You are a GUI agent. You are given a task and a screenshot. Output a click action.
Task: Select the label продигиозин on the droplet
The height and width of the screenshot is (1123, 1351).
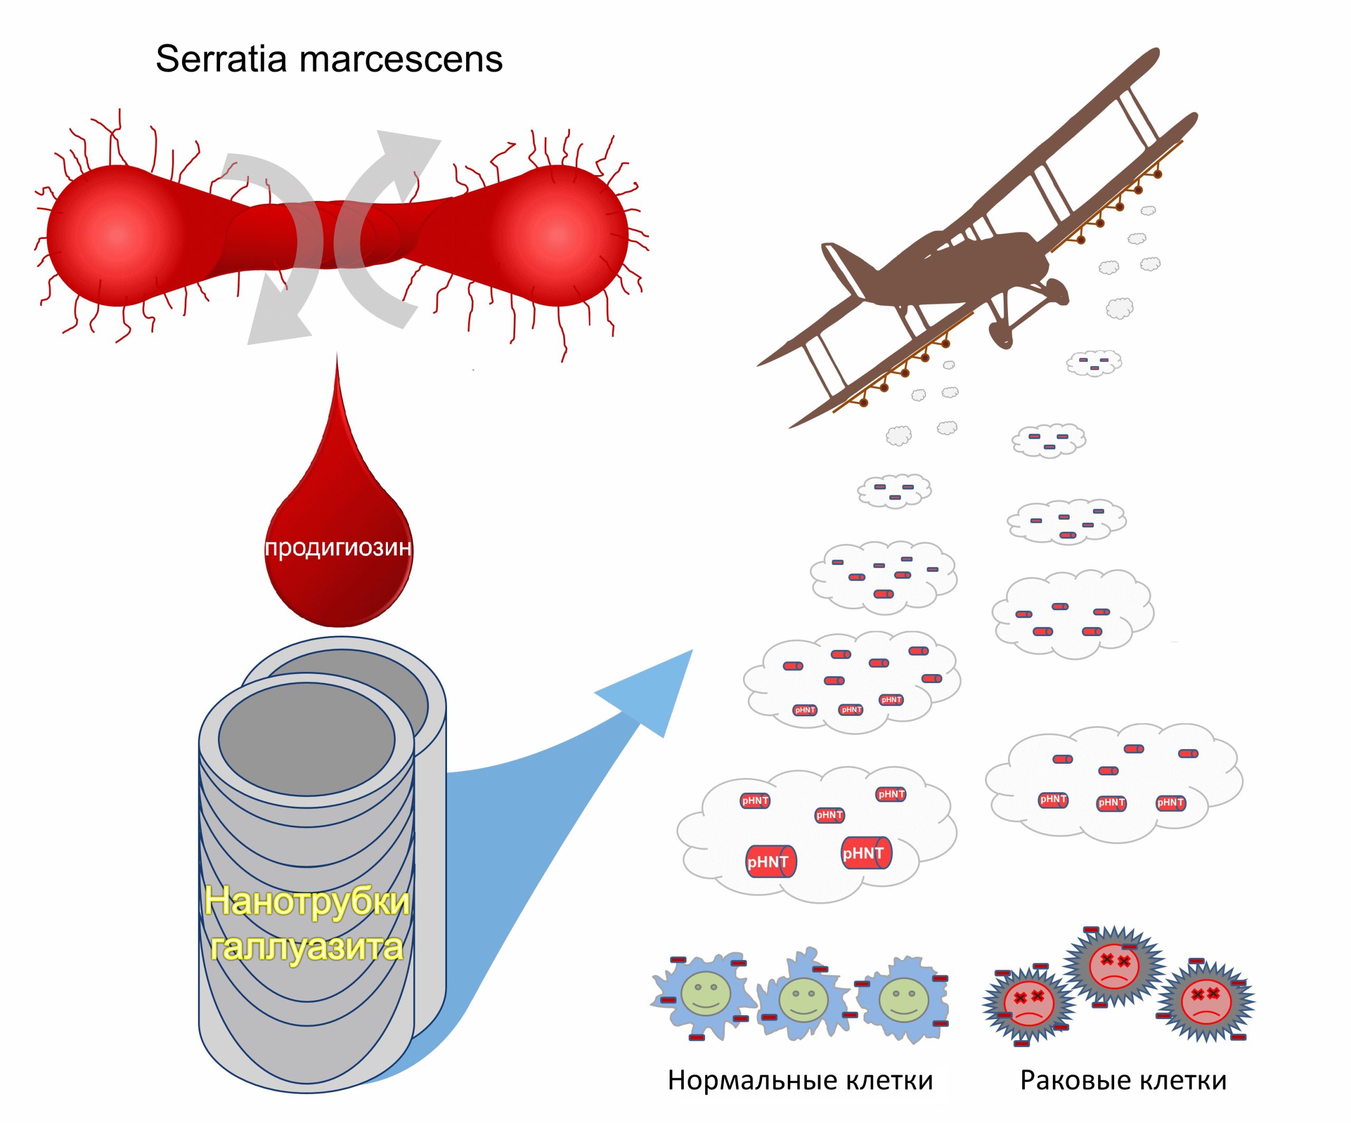click(338, 548)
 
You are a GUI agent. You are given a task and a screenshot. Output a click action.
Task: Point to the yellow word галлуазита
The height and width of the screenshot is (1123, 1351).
click(307, 947)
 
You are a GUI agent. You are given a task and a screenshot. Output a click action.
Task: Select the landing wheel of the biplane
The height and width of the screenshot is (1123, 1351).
click(1001, 334)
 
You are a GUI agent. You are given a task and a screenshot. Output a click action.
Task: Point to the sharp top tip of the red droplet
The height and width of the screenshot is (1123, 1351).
click(337, 358)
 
